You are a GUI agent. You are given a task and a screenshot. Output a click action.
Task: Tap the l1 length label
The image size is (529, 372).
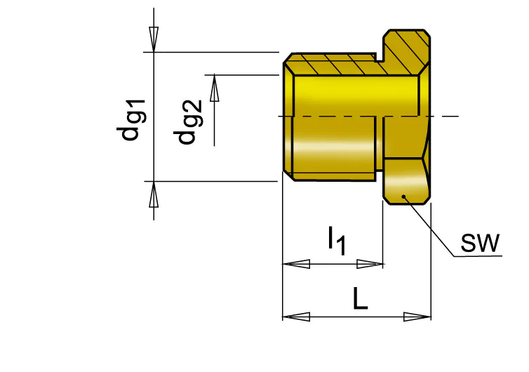(x=337, y=241)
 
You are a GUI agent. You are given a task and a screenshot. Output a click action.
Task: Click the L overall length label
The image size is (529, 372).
(x=360, y=298)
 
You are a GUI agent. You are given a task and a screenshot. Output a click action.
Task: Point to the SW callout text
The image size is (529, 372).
(x=480, y=243)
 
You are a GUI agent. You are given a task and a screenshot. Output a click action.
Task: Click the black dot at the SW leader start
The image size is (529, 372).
(x=403, y=197)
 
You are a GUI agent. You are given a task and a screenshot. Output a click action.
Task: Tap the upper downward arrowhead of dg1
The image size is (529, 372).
(x=154, y=39)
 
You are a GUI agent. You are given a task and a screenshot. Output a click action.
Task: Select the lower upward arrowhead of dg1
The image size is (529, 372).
(x=154, y=195)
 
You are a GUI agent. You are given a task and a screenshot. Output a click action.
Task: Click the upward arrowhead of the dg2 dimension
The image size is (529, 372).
(x=214, y=88)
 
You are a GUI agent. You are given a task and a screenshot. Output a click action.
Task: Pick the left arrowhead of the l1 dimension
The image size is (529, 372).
(x=296, y=264)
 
